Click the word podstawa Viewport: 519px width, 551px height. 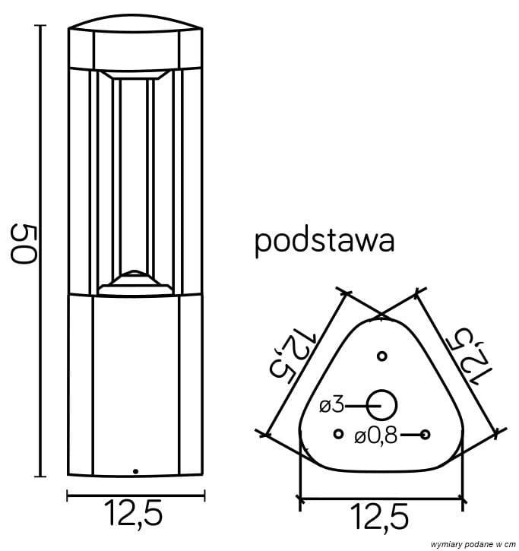(x=324, y=242)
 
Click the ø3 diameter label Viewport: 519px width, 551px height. (x=333, y=406)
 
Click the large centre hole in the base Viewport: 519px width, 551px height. (x=382, y=404)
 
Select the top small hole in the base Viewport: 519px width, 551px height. (x=382, y=356)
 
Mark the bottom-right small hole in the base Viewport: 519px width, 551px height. (x=426, y=434)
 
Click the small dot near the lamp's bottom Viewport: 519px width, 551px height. (x=135, y=471)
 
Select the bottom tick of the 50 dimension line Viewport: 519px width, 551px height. (x=42, y=477)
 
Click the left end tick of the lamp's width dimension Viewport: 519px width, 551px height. (x=68, y=497)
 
